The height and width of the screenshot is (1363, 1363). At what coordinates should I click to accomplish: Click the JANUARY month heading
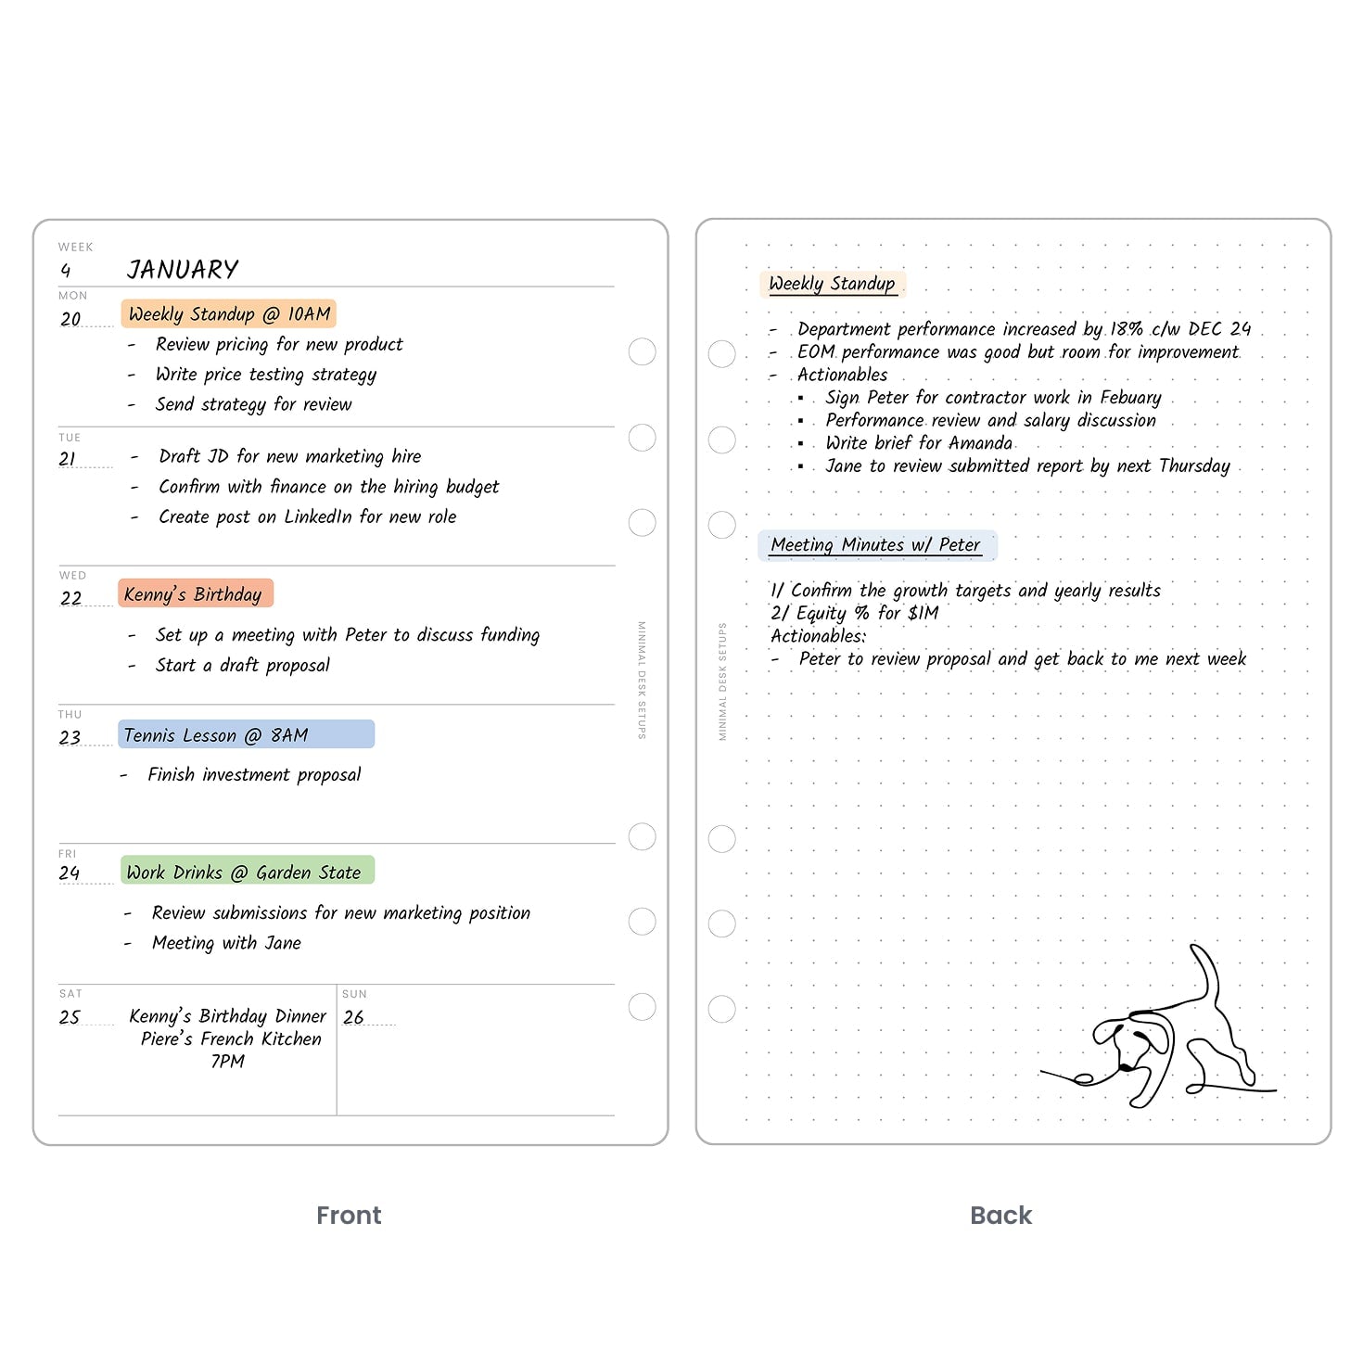183,270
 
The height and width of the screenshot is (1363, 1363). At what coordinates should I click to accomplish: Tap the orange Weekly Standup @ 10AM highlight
229,314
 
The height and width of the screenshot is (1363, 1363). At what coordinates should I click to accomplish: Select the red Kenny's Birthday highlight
195,594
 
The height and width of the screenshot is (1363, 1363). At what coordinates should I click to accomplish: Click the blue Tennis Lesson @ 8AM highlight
246,735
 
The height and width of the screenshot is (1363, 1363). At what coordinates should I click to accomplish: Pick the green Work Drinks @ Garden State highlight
247,872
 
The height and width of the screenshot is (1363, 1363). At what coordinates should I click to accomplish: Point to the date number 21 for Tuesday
68,459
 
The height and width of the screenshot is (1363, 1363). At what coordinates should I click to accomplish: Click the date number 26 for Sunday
353,1017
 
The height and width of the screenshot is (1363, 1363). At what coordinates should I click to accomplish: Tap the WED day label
72,576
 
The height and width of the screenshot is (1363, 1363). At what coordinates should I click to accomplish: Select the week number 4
65,271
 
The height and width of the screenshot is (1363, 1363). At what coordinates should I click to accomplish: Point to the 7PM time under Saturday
227,1062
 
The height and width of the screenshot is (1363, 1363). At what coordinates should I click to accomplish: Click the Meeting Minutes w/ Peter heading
876,545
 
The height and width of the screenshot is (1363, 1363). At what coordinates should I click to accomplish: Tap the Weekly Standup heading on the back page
832,284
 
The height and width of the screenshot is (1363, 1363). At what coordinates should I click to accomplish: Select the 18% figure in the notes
1127,329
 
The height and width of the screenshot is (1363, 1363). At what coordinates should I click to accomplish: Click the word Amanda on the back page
980,443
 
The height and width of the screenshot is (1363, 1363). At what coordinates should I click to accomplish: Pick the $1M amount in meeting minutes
924,613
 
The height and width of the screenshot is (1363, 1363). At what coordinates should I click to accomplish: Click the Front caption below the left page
349,1216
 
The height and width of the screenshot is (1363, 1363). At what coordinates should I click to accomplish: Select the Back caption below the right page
1000,1216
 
